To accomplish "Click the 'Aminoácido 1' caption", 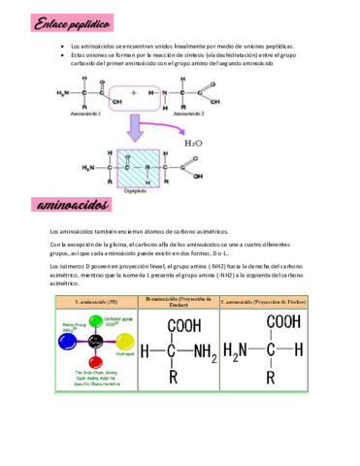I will click(x=82, y=116).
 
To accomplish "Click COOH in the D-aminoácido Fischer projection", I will click(x=181, y=325).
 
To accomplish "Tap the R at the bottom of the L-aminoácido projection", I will click(x=281, y=374).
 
